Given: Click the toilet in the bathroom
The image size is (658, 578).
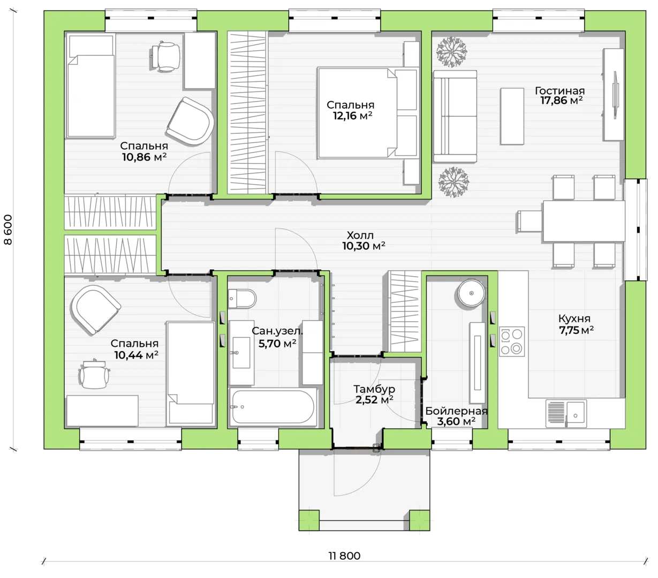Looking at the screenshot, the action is [242, 299].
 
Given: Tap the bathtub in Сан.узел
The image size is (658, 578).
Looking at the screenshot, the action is [273, 407].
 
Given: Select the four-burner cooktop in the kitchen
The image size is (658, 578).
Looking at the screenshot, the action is [511, 341].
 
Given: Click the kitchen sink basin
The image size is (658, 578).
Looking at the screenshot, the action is [575, 413].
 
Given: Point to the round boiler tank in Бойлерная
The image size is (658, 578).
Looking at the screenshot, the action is [471, 293].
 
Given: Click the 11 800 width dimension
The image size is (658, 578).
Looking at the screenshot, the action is [344, 556].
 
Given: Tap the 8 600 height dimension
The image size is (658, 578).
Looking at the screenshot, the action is [8, 229].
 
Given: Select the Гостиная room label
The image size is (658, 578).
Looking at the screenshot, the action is [559, 90].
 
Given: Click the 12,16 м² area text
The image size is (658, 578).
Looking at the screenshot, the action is [352, 116].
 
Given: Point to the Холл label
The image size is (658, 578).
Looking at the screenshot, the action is [360, 235].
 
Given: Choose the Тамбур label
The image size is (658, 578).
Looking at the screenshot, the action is [374, 389].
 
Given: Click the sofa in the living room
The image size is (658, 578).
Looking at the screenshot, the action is [455, 116].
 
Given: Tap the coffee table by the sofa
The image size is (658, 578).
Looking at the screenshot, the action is [512, 116].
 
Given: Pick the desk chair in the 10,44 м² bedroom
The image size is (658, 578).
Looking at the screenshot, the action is [94, 375].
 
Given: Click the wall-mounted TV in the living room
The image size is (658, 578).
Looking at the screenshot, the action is [615, 95].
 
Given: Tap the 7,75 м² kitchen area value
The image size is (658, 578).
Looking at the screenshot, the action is [576, 330].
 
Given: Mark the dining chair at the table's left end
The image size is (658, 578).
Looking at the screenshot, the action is [530, 221].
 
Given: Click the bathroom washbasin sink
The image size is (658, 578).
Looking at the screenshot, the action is [241, 352].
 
